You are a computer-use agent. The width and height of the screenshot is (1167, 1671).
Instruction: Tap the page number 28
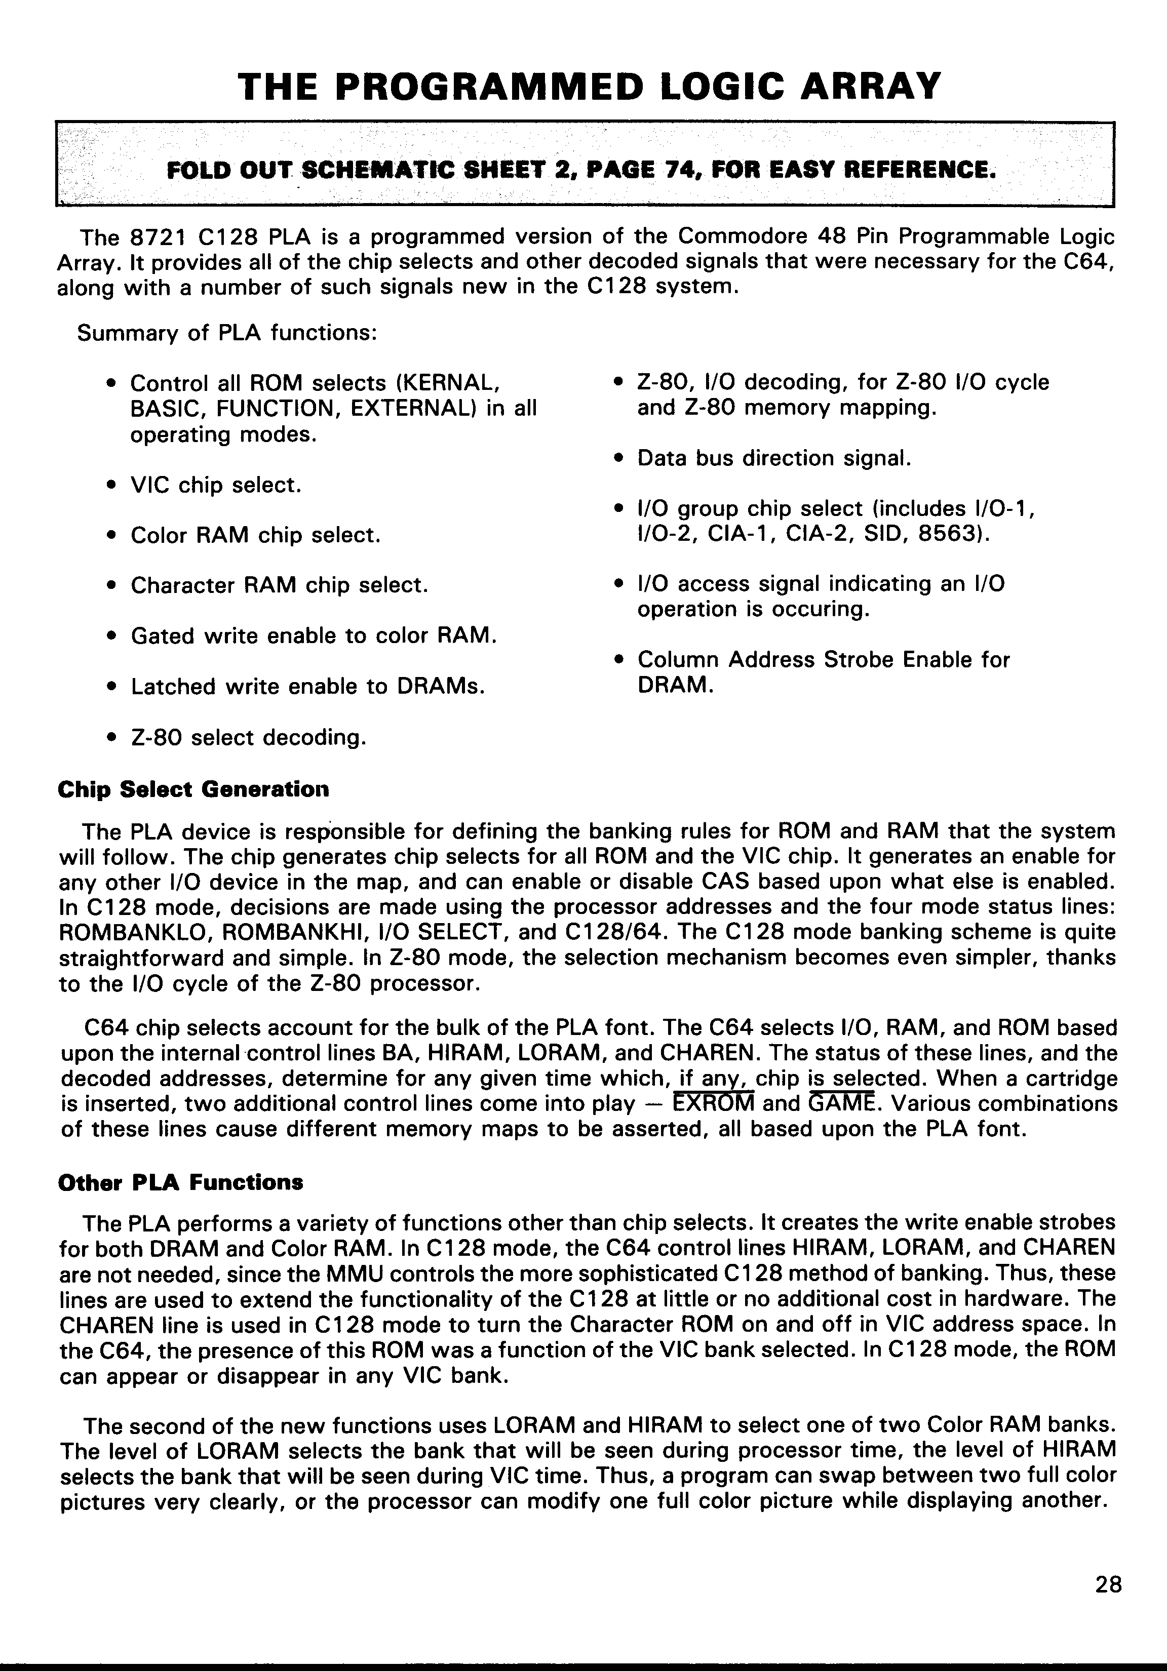(x=1108, y=1584)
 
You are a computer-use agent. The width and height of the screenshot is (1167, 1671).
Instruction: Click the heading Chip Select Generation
(x=193, y=789)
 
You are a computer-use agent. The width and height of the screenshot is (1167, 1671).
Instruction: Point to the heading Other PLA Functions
(x=180, y=1182)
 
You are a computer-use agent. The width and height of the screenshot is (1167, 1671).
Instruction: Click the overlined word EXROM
(x=714, y=1104)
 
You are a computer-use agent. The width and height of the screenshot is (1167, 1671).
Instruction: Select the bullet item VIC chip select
(x=215, y=485)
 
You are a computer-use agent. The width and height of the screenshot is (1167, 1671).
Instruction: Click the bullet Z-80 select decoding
(x=248, y=737)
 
